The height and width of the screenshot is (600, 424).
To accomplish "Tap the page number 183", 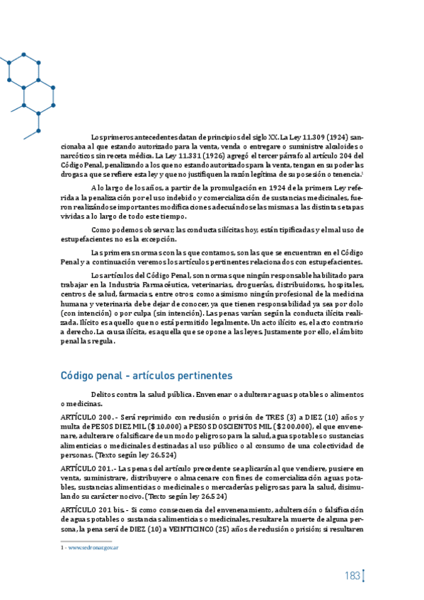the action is pos(353,576).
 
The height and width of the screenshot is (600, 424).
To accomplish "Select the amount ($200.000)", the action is pos(291,427).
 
